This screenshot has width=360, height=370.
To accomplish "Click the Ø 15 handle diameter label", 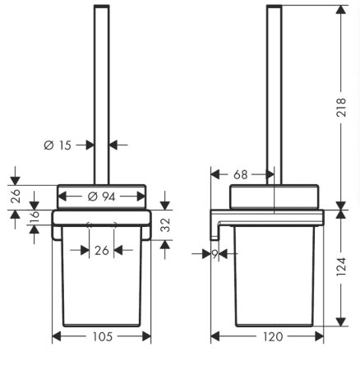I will click(58, 146).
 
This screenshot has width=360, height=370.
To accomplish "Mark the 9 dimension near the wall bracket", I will click(215, 255).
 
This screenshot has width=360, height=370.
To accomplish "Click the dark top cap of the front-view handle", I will click(102, 6).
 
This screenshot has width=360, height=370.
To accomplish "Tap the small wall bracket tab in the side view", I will click(215, 236).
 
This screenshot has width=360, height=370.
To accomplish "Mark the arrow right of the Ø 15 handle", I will click(118, 146).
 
